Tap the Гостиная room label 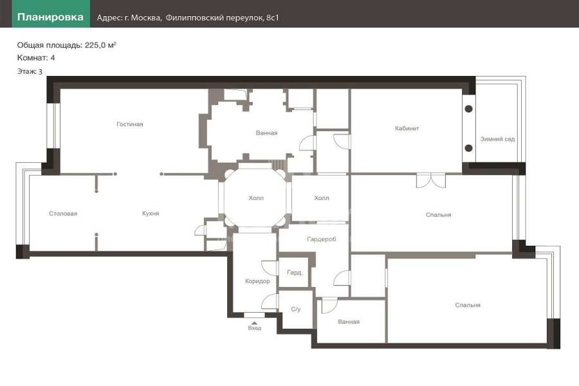click(129, 124)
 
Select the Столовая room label click(63, 214)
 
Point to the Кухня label click(151, 214)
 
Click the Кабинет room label click(407, 128)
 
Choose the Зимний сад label click(497, 139)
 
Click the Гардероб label click(322, 239)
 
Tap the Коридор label click(257, 281)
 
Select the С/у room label click(296, 309)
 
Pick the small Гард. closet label click(295, 273)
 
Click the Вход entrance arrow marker click(254, 323)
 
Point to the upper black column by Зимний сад click(468, 109)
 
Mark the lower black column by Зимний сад click(468, 148)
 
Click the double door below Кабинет click(431, 181)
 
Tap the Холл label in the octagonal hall click(256, 198)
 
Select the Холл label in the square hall click(322, 198)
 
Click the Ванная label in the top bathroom click(266, 133)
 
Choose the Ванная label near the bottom click(349, 322)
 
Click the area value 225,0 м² click(100, 45)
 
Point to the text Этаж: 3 click(30, 71)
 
